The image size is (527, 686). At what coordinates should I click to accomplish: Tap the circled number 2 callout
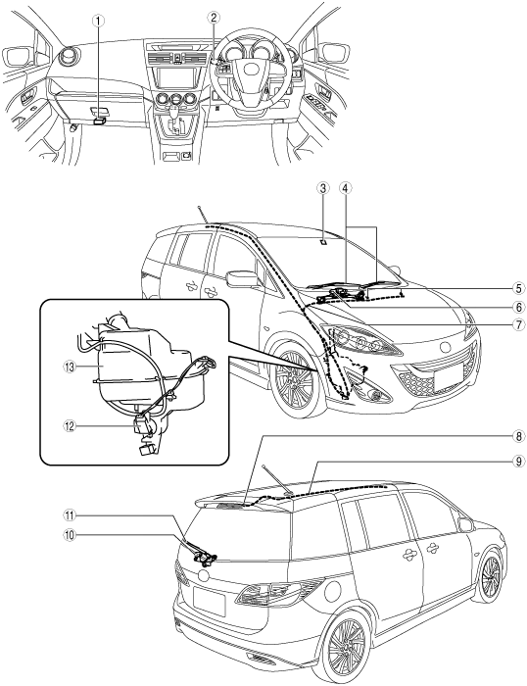point(213,18)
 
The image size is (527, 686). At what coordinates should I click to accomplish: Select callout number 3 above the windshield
point(322,188)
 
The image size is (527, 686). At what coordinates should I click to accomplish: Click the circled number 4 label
point(346,188)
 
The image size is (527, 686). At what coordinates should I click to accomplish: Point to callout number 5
point(519,289)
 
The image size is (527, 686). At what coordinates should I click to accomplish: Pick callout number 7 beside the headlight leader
point(519,324)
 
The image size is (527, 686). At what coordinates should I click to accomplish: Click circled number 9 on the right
point(519,462)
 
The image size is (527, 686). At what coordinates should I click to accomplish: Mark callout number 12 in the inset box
point(70,426)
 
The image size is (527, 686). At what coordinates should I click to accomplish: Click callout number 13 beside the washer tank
point(70,367)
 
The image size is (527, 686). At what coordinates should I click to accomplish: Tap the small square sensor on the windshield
point(322,241)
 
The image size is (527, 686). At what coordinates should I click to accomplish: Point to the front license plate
point(450,376)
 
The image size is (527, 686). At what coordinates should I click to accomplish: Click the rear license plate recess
point(209,600)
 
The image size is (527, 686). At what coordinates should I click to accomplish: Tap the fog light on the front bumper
point(374,395)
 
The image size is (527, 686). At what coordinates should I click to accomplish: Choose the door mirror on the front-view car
point(242,278)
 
